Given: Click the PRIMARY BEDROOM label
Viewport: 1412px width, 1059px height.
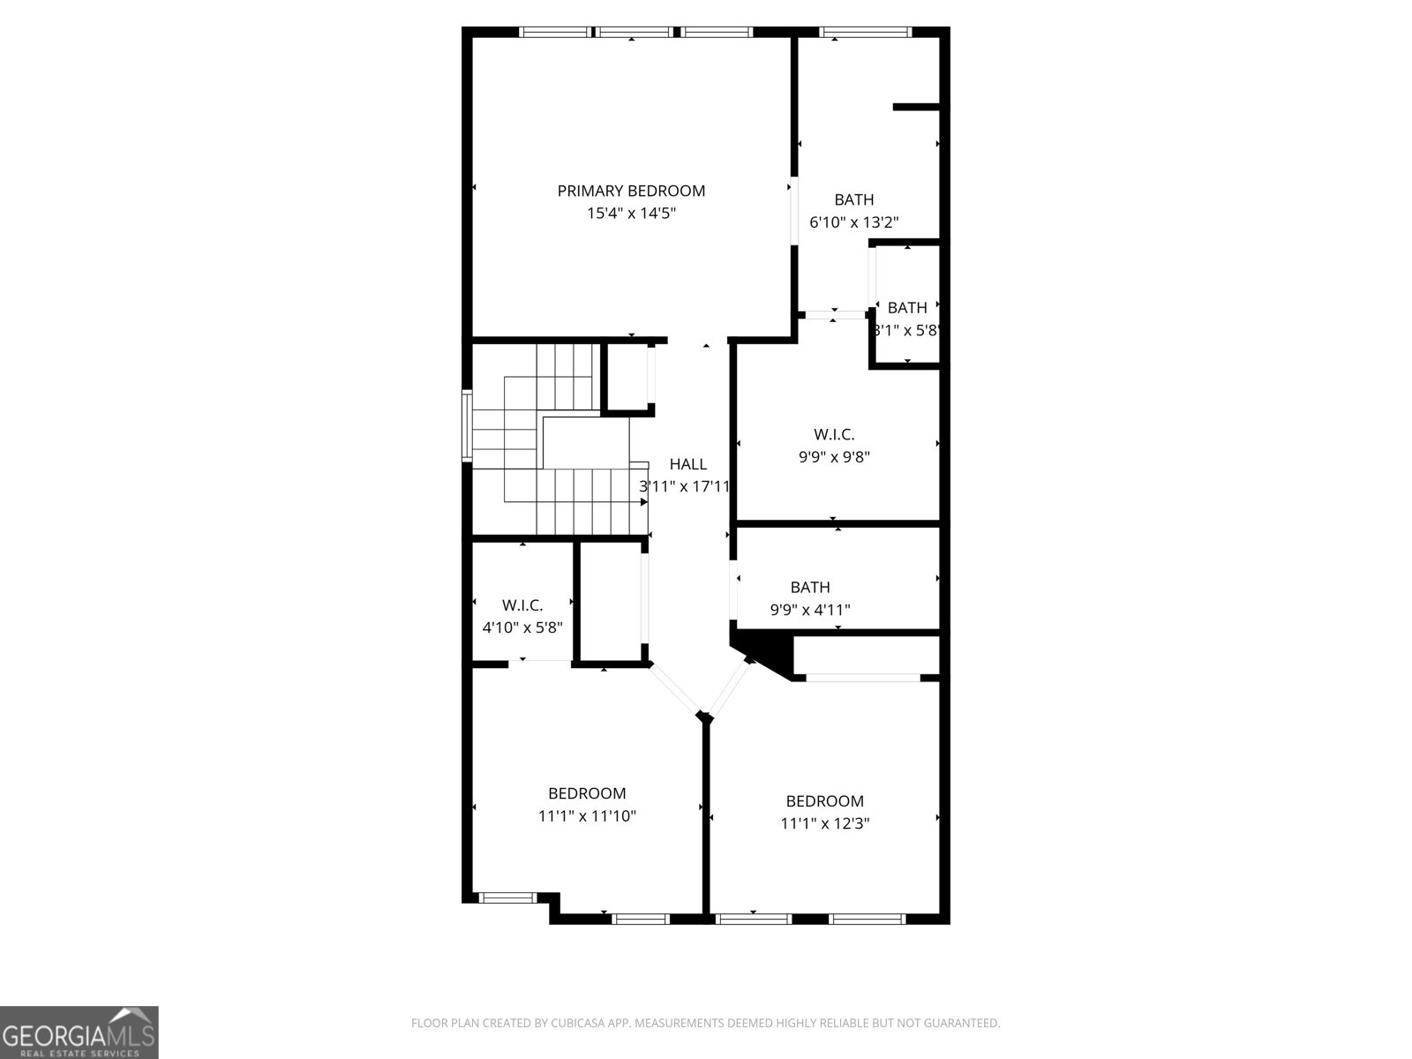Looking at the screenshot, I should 631,191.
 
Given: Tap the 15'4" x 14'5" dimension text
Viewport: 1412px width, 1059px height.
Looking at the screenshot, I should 631,214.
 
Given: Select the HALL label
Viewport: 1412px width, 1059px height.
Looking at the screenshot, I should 687,464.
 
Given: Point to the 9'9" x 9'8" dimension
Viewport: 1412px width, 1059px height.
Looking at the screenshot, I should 834,457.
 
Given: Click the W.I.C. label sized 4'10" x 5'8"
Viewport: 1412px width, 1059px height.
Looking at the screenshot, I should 522,605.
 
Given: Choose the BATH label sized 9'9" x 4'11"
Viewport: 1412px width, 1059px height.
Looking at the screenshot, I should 810,587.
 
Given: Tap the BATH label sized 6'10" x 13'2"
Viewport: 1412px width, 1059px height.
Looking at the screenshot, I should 854,199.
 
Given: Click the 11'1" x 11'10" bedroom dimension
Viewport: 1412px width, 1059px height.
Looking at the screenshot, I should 587,816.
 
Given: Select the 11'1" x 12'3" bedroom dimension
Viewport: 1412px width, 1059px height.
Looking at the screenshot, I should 825,824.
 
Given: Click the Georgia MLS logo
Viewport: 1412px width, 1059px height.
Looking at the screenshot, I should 79,1032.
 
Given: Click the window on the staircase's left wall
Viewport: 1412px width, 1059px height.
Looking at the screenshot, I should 467,426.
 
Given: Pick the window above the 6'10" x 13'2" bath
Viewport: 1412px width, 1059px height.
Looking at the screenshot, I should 865,33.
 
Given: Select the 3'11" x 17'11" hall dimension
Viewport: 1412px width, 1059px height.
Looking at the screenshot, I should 685,486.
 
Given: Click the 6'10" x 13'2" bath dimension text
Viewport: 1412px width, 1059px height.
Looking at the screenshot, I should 854,222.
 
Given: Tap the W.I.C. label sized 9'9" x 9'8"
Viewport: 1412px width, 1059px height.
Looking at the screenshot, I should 834,434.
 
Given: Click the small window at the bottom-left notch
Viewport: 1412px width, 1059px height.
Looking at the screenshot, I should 507,898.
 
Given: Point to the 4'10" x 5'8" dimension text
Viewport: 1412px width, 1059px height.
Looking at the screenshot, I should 522,627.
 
